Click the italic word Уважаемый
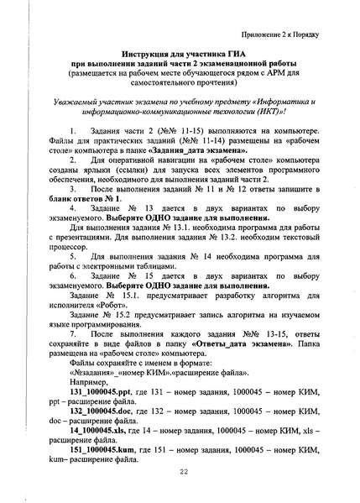[76, 97]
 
